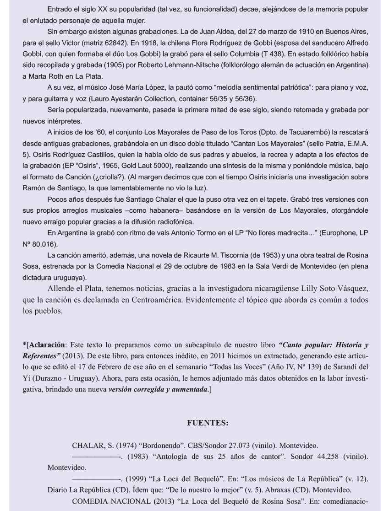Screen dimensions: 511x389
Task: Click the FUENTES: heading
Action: pos(207,423)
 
